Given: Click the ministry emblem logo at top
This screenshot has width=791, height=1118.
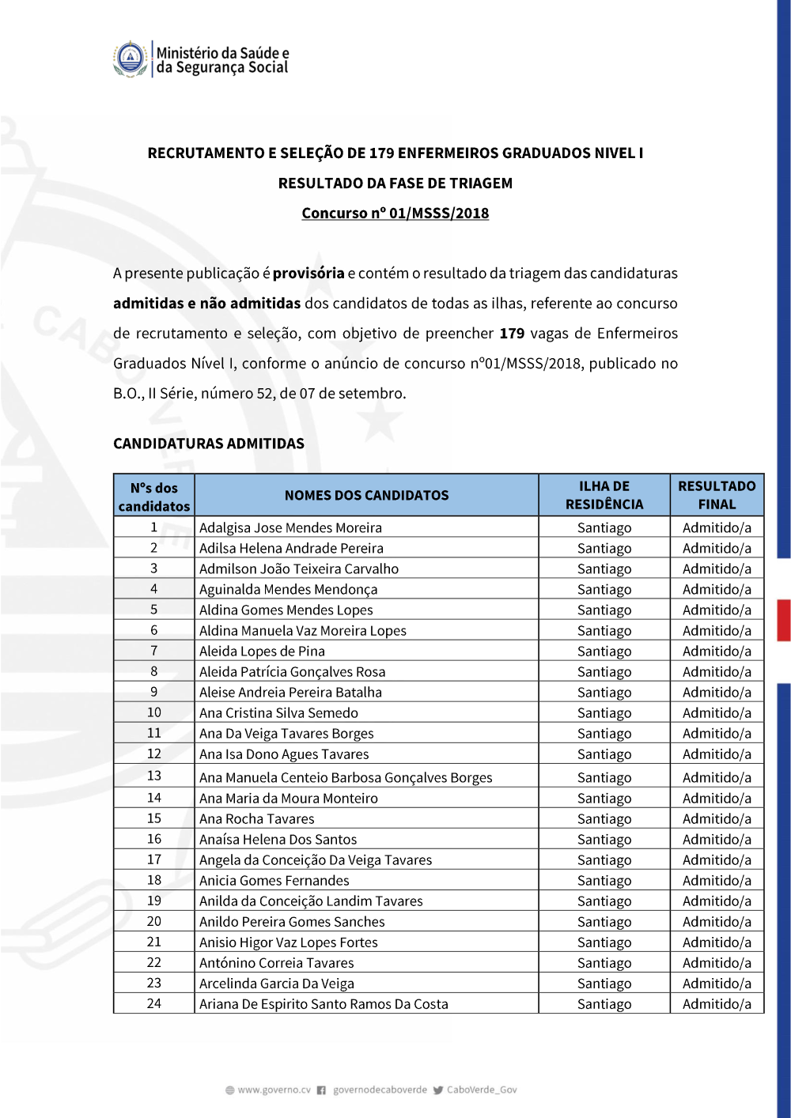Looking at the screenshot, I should (x=131, y=59).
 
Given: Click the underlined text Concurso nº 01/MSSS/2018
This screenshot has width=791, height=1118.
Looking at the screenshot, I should (x=395, y=213).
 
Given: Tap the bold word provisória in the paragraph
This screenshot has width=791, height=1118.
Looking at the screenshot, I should (x=308, y=274).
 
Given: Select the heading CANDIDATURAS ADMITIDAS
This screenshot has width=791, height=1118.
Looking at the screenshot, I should (x=209, y=444).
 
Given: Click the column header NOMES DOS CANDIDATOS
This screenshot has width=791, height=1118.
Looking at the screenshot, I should (x=366, y=495).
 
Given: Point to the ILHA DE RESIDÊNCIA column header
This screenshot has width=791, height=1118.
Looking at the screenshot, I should (x=604, y=495).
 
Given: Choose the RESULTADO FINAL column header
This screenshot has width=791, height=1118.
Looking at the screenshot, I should (x=717, y=495).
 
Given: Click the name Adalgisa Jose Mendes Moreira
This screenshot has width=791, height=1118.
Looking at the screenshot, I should (x=290, y=527).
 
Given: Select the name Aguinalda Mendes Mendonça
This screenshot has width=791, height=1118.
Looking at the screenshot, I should (x=288, y=589).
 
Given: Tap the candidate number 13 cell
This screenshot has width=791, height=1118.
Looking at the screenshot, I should (x=154, y=776).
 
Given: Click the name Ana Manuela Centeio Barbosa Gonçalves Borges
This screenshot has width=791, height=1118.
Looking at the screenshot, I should (x=346, y=777).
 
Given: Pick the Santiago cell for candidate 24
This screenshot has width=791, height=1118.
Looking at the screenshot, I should (x=604, y=1004).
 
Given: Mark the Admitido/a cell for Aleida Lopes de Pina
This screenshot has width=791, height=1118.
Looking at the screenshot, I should (x=717, y=651).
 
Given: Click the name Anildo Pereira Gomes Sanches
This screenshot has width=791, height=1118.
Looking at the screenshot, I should (x=292, y=922).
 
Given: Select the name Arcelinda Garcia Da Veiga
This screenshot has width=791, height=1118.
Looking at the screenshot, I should (x=277, y=984).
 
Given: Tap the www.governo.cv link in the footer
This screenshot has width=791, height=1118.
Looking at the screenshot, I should (x=274, y=1090).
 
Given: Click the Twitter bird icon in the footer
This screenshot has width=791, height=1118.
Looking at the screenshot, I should (x=438, y=1090).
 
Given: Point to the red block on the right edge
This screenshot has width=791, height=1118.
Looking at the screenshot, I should (x=784, y=620).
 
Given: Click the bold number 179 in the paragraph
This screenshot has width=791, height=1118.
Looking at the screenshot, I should (x=512, y=334).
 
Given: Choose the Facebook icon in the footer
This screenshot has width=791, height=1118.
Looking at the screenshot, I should (x=322, y=1090).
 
